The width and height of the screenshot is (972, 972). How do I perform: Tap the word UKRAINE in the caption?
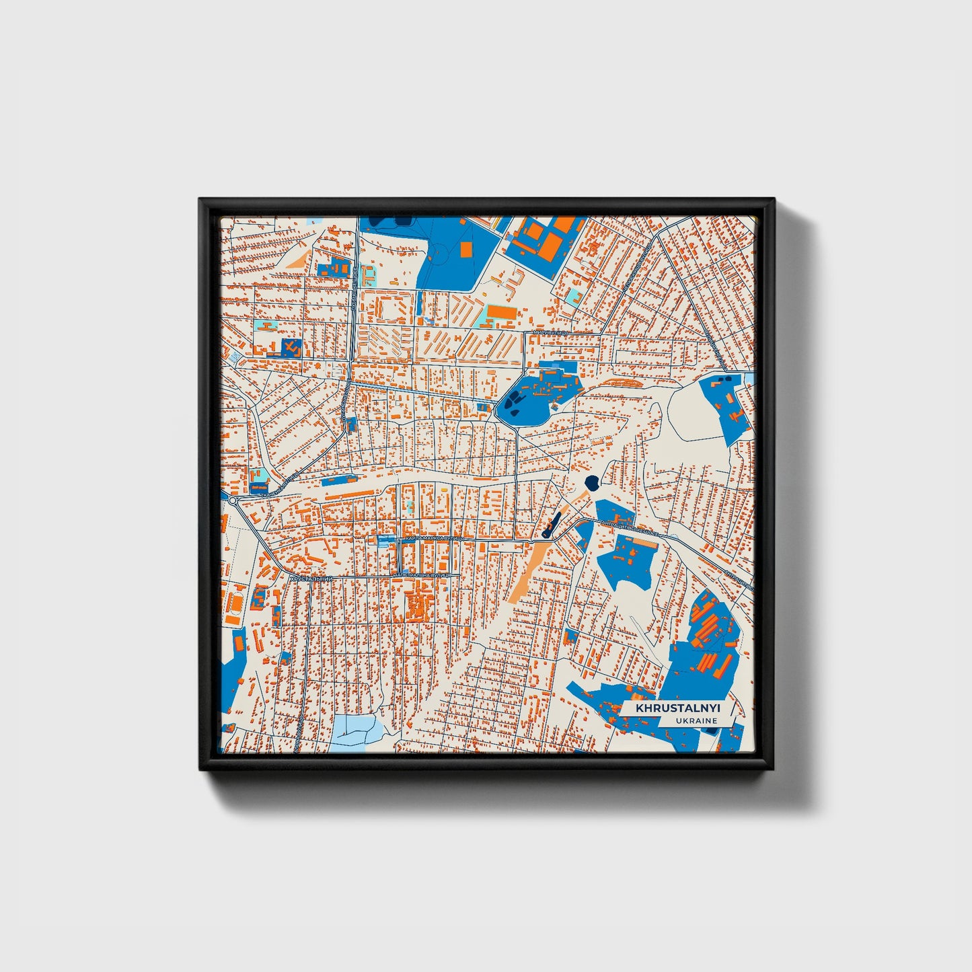[x=697, y=721]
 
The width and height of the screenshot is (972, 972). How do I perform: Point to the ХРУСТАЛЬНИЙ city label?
[x=311, y=578]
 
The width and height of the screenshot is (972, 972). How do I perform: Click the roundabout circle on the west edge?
[x=233, y=501]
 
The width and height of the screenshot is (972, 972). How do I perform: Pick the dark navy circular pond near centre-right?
[x=592, y=482]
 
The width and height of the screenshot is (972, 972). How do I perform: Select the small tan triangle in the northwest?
[x=299, y=260]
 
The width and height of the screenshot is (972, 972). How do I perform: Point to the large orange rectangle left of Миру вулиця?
[x=501, y=313]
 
